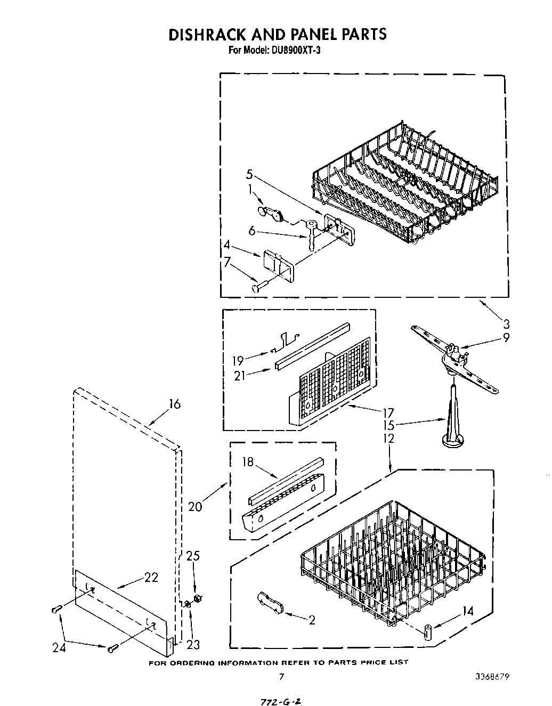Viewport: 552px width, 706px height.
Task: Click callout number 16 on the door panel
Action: pyautogui.click(x=174, y=404)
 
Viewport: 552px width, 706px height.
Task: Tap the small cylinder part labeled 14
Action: pyautogui.click(x=427, y=632)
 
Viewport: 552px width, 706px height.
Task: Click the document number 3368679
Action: pyautogui.click(x=493, y=677)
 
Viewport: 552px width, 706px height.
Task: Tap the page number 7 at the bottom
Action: pyautogui.click(x=281, y=677)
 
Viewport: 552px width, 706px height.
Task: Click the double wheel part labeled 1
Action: pyautogui.click(x=270, y=213)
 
